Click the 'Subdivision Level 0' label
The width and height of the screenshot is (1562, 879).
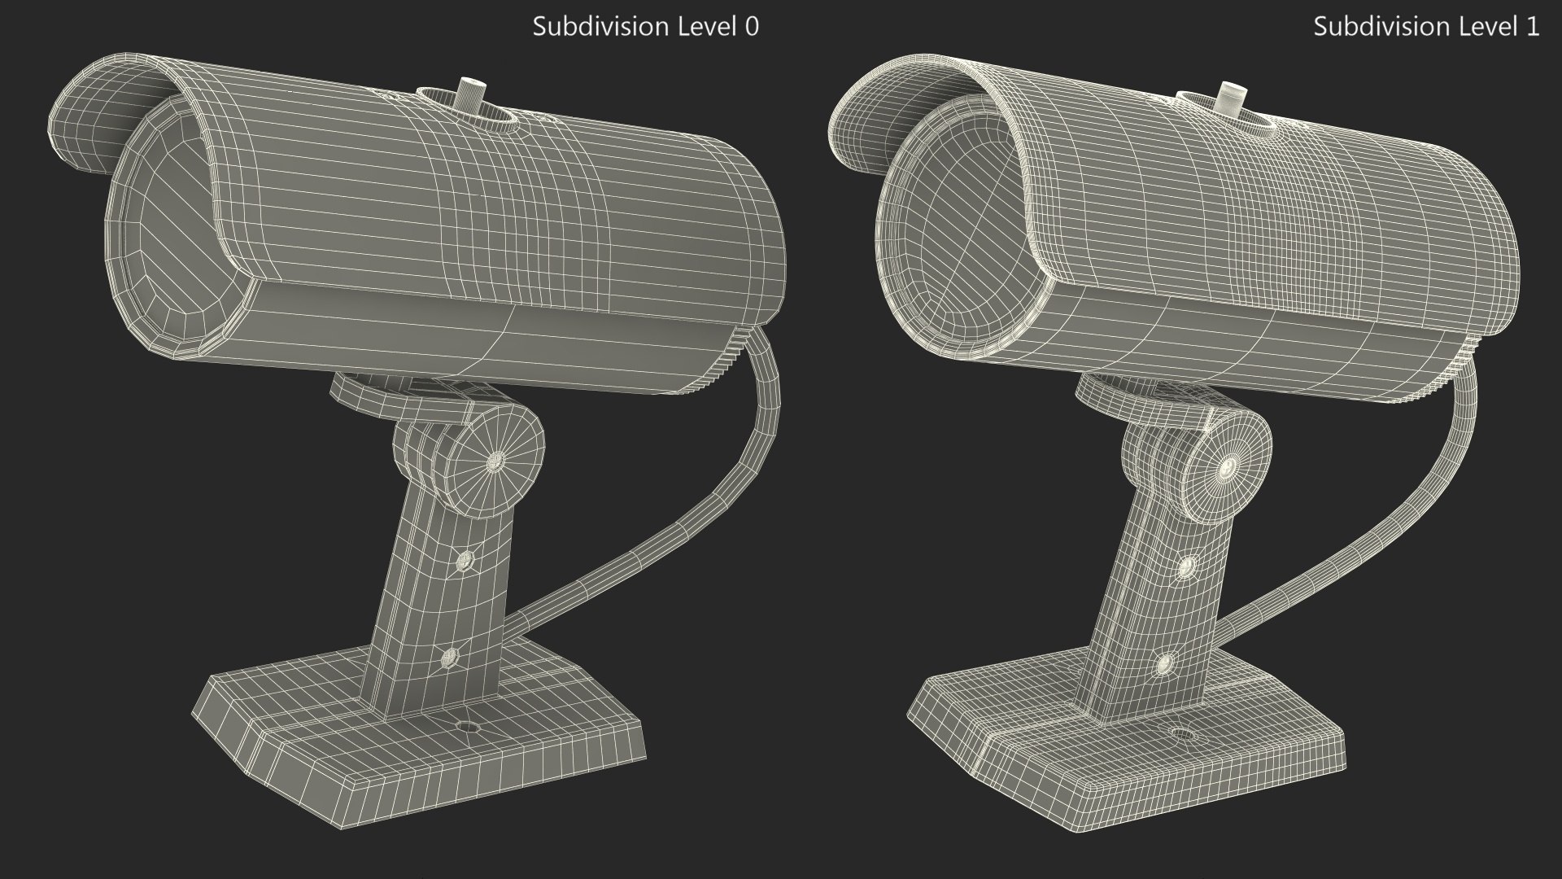tap(645, 27)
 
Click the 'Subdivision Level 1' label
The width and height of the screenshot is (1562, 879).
tap(1426, 27)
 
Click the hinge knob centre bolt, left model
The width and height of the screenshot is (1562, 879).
tap(495, 461)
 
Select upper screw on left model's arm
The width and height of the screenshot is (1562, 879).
tap(466, 559)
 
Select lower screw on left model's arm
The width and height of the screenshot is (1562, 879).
tap(447, 658)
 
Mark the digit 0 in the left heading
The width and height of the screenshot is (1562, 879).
tap(752, 27)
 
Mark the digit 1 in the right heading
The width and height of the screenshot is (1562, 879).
tap(1533, 27)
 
